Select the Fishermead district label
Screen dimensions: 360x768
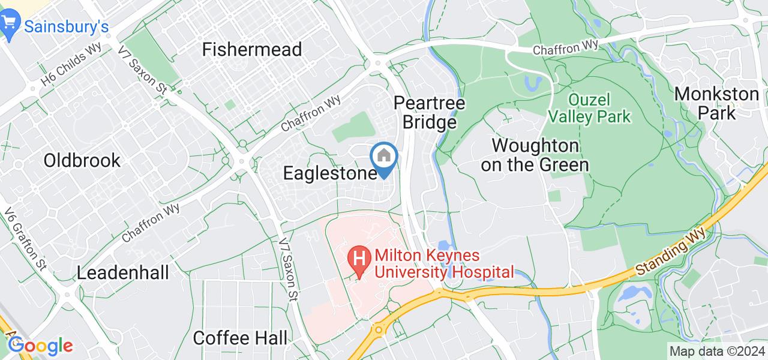click(x=252, y=49)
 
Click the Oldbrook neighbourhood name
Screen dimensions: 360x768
click(x=82, y=160)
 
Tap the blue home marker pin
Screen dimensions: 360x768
click(x=383, y=157)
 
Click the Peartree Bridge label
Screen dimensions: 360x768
click(x=430, y=113)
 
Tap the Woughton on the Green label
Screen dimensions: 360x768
click(x=535, y=155)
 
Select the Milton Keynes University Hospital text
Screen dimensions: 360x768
click(x=444, y=264)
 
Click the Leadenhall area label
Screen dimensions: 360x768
click(x=123, y=273)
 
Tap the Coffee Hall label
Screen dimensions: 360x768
click(x=240, y=338)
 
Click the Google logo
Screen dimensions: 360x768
click(x=40, y=346)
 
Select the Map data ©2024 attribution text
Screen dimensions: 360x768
click(x=718, y=352)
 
